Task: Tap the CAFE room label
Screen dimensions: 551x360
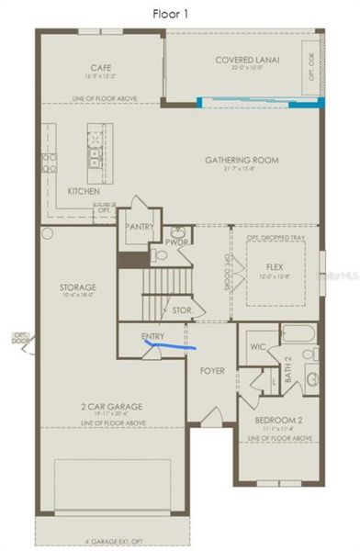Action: pos(101,67)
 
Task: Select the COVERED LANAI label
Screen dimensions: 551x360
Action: pos(247,60)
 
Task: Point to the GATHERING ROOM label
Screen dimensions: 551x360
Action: pos(242,160)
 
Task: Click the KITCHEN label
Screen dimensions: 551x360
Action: pos(84,191)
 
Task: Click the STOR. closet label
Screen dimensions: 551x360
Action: pos(182,311)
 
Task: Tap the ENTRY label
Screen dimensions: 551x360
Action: pos(153,336)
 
